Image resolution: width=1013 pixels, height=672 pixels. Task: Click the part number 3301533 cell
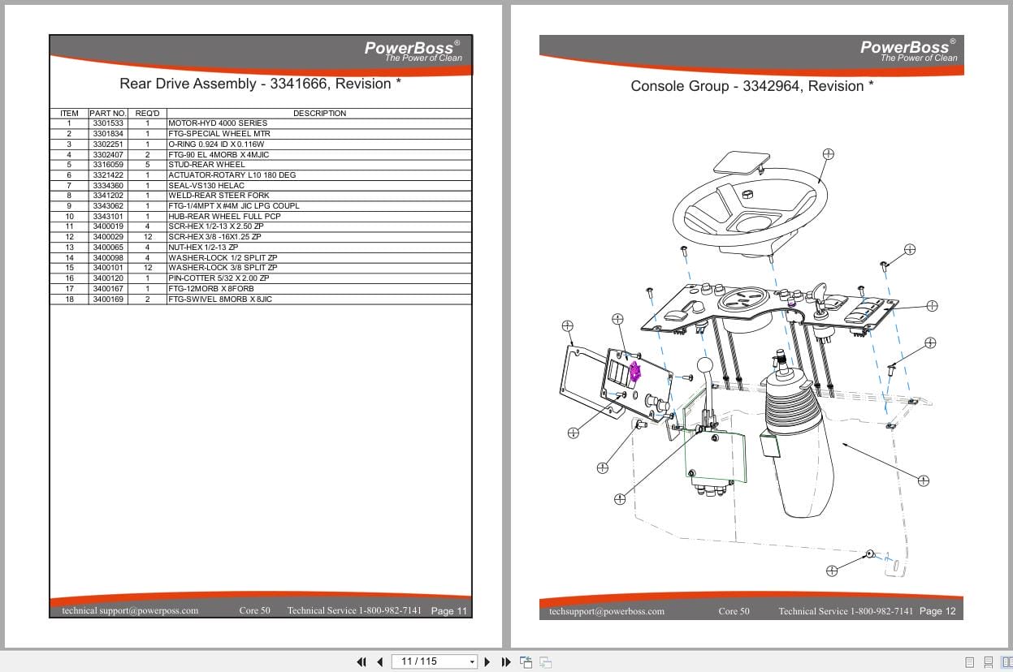pos(107,123)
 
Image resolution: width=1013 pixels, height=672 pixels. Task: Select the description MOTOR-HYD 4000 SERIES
pos(217,123)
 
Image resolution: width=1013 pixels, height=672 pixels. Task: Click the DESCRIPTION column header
pos(319,114)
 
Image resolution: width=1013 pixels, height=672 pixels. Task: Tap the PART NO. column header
pos(107,114)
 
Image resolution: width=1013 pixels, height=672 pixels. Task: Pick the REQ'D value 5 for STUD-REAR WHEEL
pos(147,165)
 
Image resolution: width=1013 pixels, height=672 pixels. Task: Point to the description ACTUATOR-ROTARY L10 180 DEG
pos(232,175)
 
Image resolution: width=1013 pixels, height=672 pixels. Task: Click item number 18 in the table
pos(69,299)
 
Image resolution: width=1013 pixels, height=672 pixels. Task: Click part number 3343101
pos(107,217)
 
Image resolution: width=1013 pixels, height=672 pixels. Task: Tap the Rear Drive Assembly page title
pos(260,84)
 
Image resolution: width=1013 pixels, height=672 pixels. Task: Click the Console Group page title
pos(751,86)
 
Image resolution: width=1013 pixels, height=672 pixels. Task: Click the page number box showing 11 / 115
pos(434,661)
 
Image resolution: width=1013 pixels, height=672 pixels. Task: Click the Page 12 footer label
pos(937,611)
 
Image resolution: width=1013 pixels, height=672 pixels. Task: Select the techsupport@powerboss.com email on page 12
pos(606,611)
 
